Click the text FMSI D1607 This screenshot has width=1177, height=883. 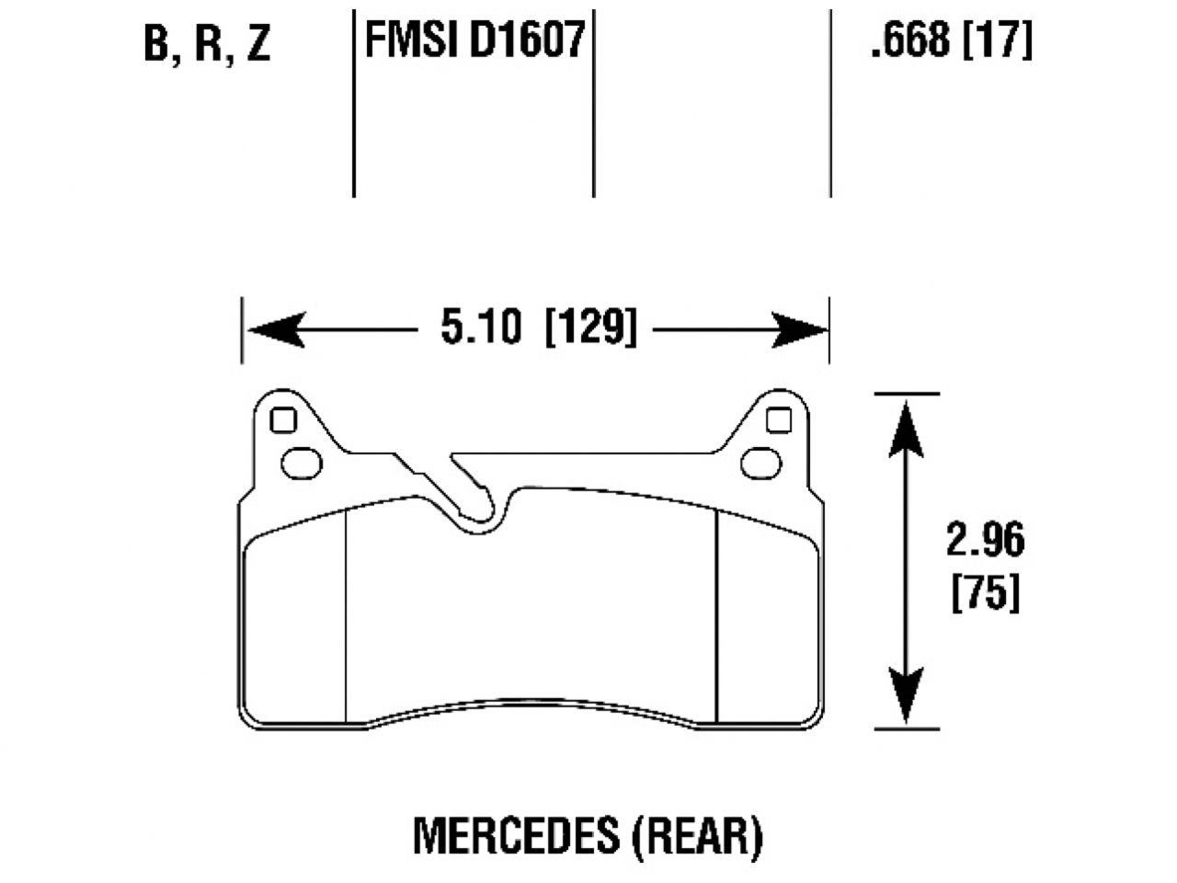point(474,41)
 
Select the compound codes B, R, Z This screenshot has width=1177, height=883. point(208,44)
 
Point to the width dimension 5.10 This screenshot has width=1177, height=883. point(480,327)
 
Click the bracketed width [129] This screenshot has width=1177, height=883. point(590,327)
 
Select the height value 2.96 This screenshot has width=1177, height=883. point(984,541)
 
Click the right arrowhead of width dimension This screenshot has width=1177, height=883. point(800,329)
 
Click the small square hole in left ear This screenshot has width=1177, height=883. point(283,420)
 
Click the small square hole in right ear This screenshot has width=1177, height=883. point(778,419)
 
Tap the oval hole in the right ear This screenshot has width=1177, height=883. point(761,462)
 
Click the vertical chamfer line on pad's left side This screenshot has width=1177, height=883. point(344,616)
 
